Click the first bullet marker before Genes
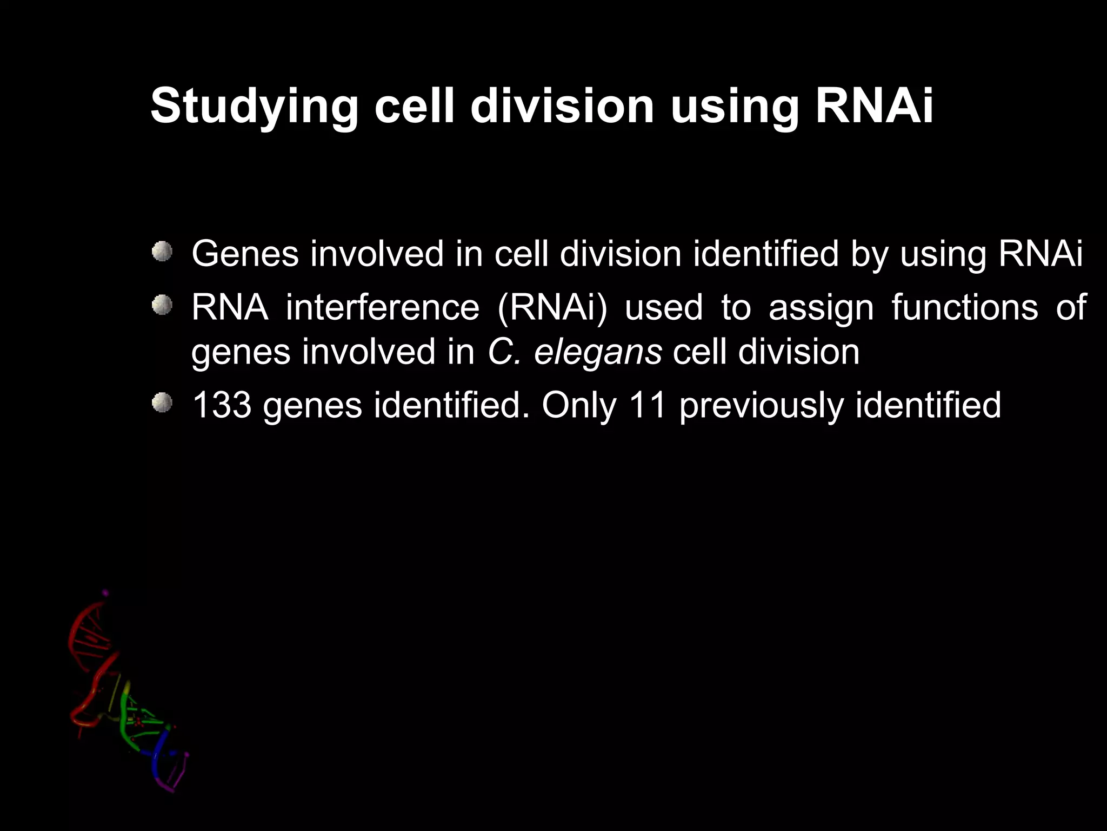point(162,252)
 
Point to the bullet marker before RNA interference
point(162,306)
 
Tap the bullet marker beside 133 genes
point(162,403)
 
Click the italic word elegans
point(597,353)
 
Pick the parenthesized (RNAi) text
point(552,308)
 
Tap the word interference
point(382,307)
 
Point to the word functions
point(964,307)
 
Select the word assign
point(821,308)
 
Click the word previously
point(761,406)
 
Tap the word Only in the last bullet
point(578,406)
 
